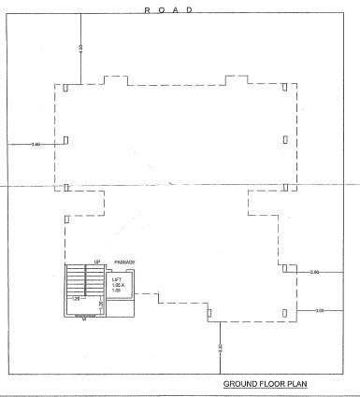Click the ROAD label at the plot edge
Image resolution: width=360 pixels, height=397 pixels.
(168, 8)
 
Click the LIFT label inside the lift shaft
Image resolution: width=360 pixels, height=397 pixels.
(117, 279)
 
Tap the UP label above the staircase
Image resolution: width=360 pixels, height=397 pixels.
(96, 262)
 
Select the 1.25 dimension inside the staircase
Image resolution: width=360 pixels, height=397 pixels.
(76, 300)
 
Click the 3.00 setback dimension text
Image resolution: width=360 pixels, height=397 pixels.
(320, 309)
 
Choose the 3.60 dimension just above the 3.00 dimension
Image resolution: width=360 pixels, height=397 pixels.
(314, 272)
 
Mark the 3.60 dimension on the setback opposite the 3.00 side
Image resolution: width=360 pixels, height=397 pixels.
(36, 145)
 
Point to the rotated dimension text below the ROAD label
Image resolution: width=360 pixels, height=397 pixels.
(80, 47)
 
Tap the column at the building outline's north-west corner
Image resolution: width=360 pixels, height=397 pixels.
(66, 89)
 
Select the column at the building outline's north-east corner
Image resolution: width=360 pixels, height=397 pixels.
(283, 89)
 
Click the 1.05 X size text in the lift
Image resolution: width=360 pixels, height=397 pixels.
(118, 285)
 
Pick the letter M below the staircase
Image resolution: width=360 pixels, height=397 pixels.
(84, 320)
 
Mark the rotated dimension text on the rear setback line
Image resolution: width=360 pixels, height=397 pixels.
(220, 347)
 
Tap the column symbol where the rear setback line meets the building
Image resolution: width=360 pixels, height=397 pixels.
(210, 315)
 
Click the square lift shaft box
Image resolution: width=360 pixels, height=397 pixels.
(121, 284)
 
